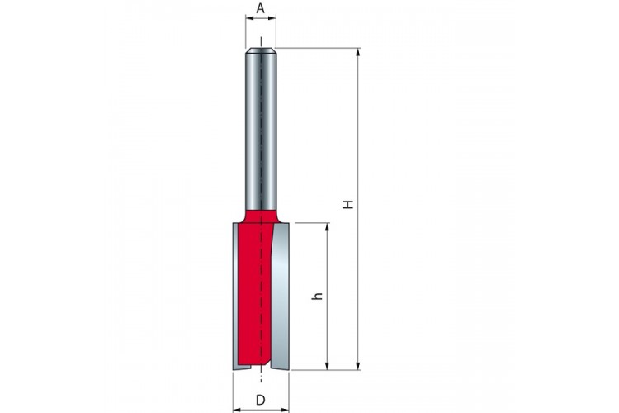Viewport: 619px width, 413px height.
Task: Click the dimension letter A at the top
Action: pos(260,8)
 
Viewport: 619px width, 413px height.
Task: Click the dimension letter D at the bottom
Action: pos(261,400)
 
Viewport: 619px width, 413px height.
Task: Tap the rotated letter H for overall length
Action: pos(347,204)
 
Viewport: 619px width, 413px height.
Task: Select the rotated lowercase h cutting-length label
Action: pos(318,296)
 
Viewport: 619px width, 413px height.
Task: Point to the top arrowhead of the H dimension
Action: pos(358,53)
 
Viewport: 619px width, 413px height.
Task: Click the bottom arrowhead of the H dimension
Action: pos(358,366)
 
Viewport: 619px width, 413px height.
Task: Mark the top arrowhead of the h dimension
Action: pos(327,227)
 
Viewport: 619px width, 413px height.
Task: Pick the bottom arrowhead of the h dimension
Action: pos(327,366)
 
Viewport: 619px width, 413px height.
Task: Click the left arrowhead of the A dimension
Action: pos(250,17)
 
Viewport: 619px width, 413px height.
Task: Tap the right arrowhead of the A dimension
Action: pos(272,17)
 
